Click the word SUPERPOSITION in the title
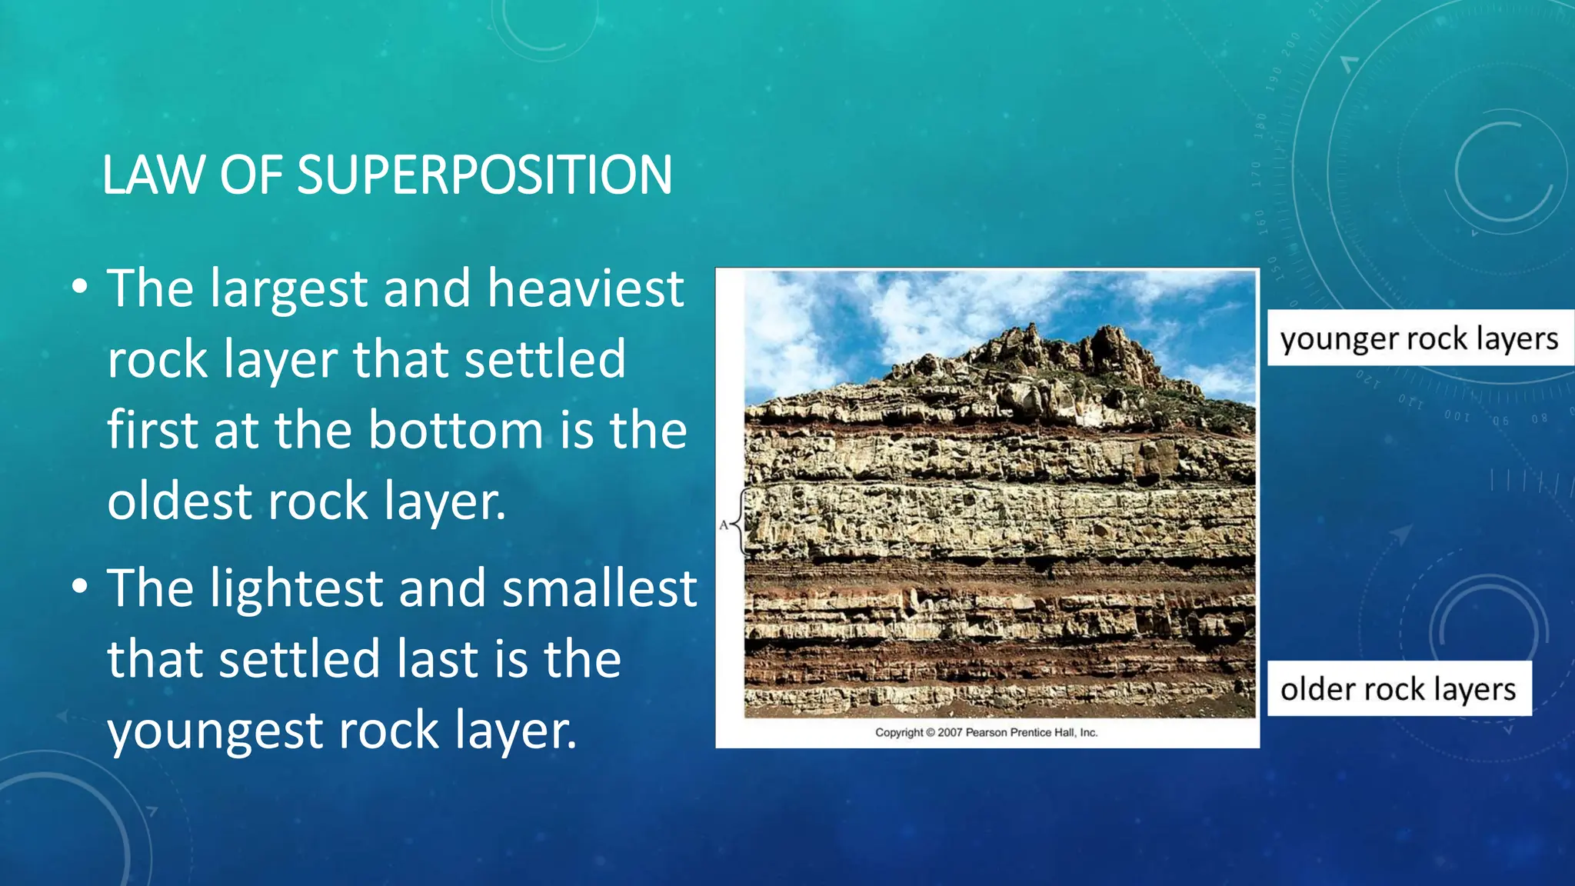tap(484, 175)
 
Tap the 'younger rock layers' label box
tap(1419, 338)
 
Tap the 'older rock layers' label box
tap(1398, 688)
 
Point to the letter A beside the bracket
tap(724, 525)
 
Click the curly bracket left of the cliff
tap(740, 523)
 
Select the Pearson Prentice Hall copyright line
tap(986, 732)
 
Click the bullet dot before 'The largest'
tap(79, 288)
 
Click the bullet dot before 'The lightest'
tap(79, 588)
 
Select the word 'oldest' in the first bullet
tap(180, 501)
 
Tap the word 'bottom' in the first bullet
tap(456, 430)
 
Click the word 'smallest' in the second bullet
tap(599, 588)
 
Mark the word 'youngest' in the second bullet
tap(215, 731)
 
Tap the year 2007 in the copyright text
tap(950, 732)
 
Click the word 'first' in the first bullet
tap(153, 430)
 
